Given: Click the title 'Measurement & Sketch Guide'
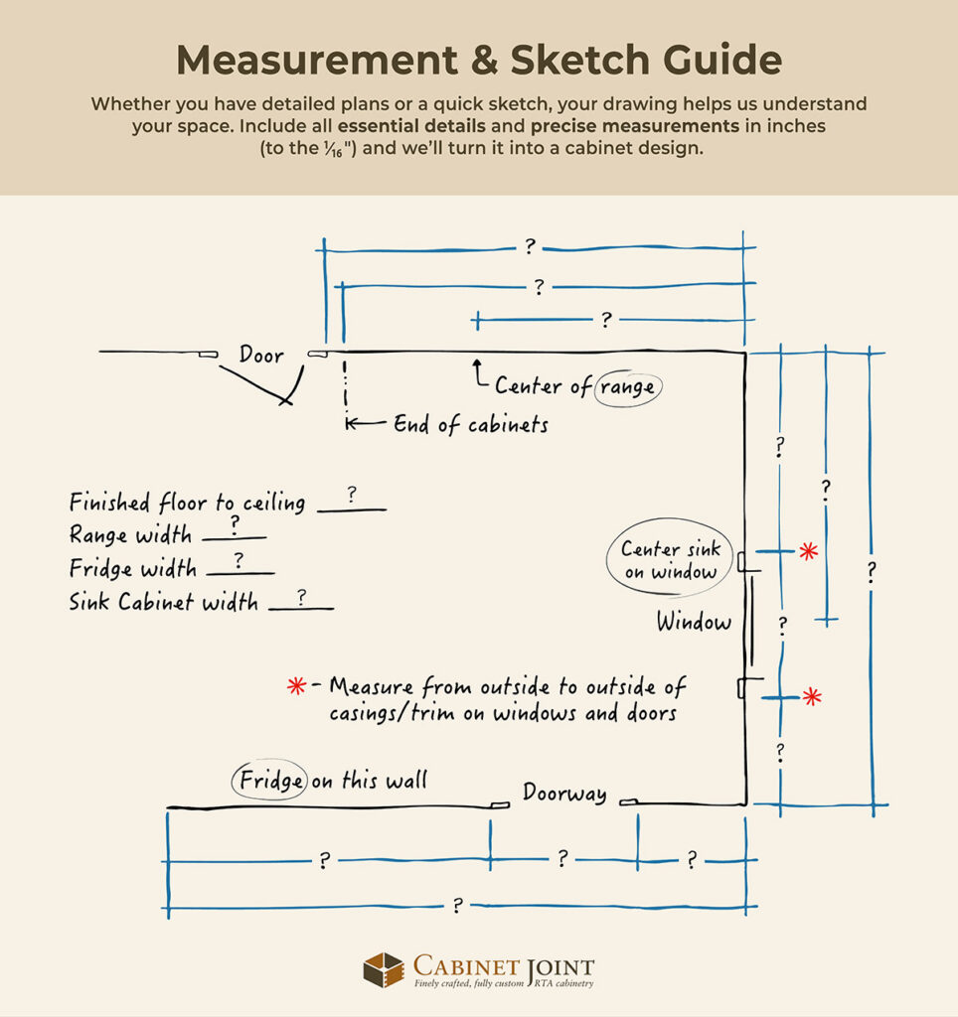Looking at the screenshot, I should tap(479, 61).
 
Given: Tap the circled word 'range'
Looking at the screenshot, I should tap(628, 386).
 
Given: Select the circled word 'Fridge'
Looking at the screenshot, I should tap(270, 781).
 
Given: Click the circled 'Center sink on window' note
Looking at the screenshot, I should tap(671, 561).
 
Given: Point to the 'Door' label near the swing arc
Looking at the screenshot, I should tap(261, 356).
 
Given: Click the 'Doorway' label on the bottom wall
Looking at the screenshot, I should tap(564, 794).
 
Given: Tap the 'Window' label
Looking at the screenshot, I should tap(694, 623).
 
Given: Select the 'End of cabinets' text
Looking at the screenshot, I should tap(470, 424).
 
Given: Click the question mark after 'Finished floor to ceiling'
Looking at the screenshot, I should tap(352, 494).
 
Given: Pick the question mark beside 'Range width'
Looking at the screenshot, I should tap(235, 522).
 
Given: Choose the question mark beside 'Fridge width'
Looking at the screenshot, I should tap(239, 560).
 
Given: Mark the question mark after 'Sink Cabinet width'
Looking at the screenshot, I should tap(300, 595).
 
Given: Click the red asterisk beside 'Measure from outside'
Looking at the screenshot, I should tap(295, 685).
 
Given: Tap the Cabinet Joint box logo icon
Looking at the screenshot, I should tap(383, 970).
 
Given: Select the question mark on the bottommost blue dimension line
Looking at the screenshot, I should tap(457, 905).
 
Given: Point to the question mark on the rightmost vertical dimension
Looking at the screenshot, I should tap(872, 573).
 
